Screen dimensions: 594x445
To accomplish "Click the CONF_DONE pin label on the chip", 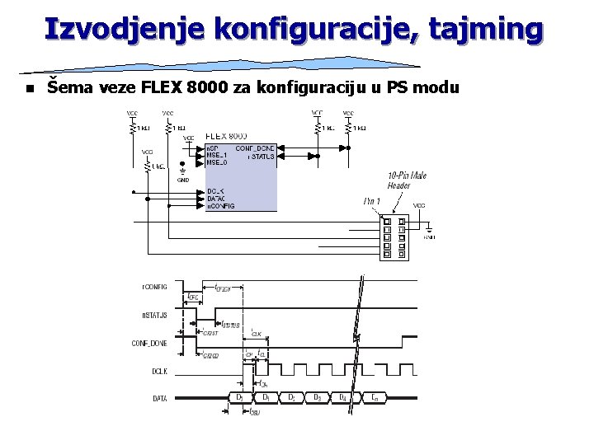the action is [x=255, y=148].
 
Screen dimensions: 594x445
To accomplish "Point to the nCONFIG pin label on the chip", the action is [x=220, y=206].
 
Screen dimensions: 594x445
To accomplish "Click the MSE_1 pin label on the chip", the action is [x=217, y=156].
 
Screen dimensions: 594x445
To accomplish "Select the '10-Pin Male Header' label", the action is [x=407, y=180].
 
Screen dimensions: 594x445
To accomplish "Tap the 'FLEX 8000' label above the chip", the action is [x=226, y=135].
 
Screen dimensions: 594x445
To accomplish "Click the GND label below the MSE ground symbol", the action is [x=183, y=179].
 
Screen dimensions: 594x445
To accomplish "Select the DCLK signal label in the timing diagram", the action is [x=159, y=372].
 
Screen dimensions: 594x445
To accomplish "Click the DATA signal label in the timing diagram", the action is [x=160, y=399].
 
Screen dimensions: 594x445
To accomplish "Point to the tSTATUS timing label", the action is [x=231, y=326].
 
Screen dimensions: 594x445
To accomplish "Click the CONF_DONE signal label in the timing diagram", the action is [x=149, y=343].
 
